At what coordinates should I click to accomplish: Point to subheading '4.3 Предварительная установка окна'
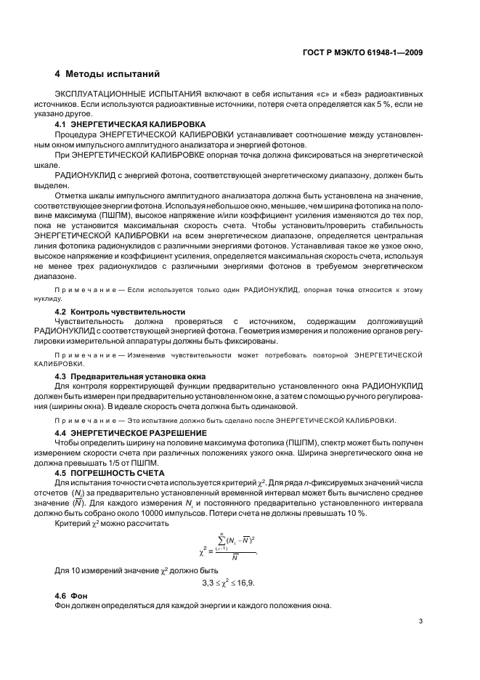tap(130, 376)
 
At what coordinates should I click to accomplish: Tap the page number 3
tap(420, 620)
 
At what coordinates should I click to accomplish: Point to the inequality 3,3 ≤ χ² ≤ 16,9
tap(232, 582)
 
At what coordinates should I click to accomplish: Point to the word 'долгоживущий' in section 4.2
tap(394, 321)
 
